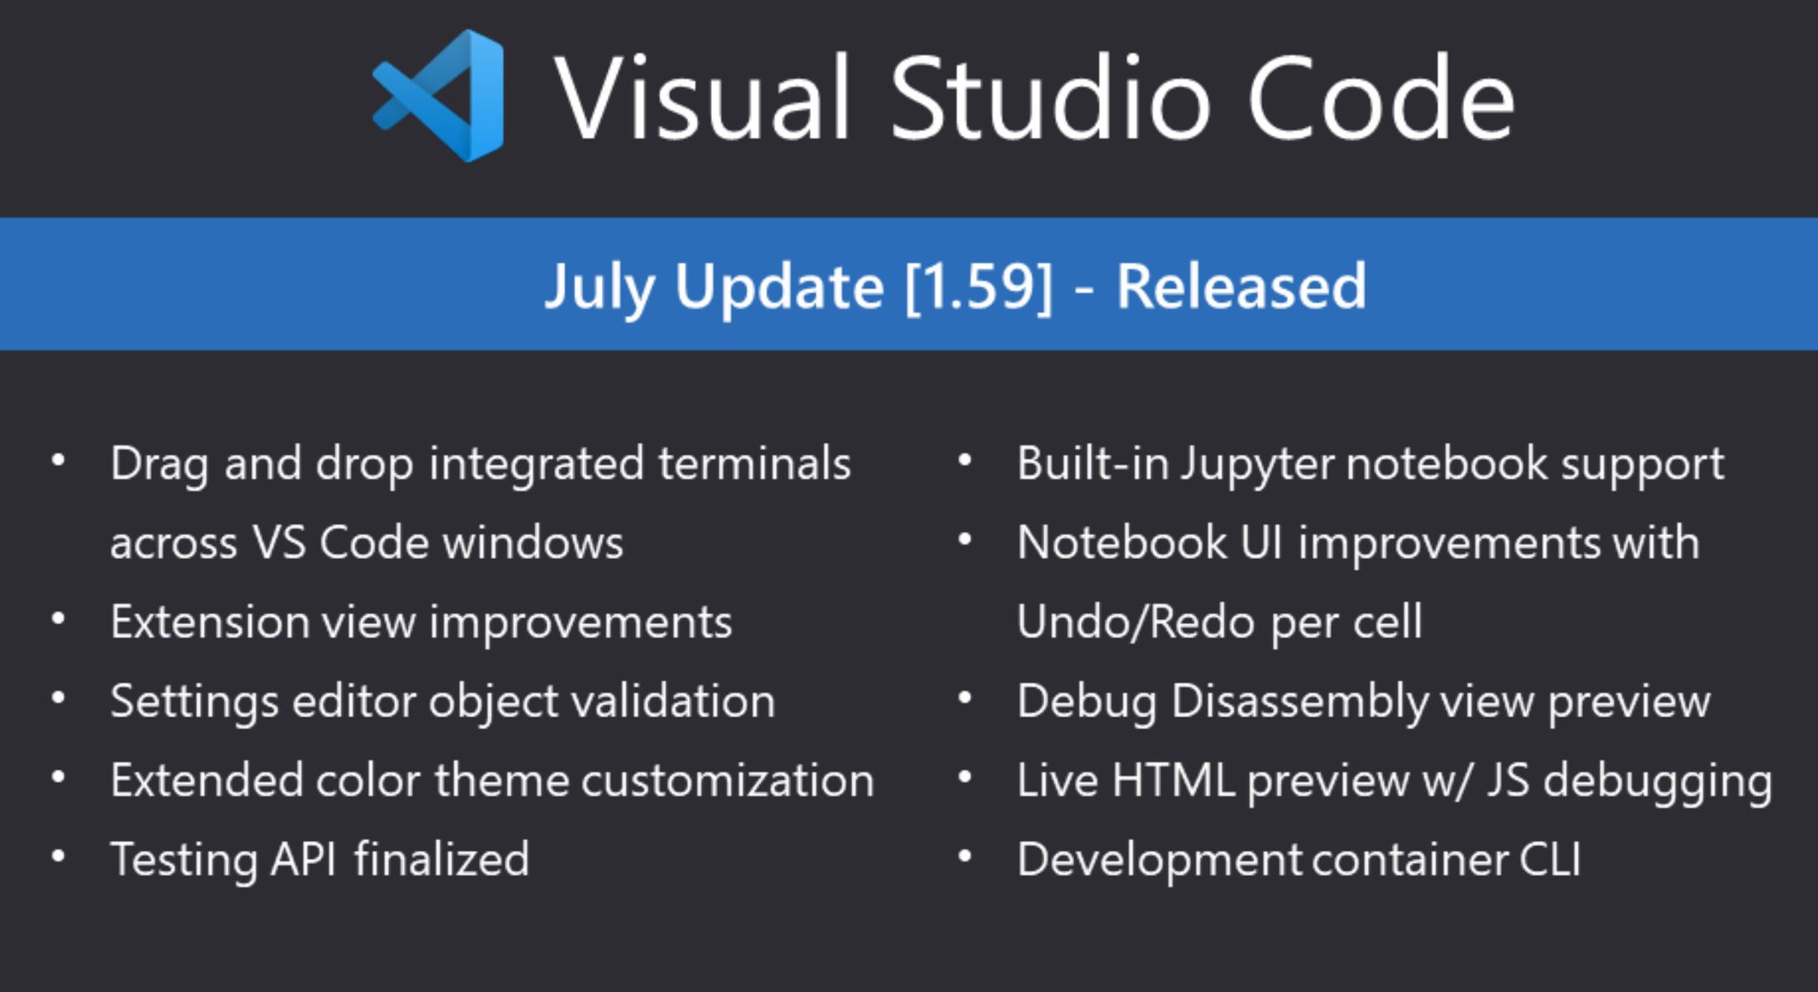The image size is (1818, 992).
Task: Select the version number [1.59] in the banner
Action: (978, 286)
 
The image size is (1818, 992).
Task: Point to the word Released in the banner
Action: (1241, 286)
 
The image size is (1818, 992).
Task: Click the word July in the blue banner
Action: (599, 288)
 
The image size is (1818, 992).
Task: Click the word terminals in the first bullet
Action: (755, 464)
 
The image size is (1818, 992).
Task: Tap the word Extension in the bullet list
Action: (209, 622)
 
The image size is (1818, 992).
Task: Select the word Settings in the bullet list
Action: (195, 702)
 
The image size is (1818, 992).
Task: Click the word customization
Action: (727, 781)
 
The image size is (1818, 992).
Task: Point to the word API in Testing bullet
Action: (303, 860)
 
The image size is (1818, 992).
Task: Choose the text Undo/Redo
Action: (1135, 622)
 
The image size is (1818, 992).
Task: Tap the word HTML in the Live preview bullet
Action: (1172, 781)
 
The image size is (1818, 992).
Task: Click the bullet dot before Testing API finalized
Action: (59, 857)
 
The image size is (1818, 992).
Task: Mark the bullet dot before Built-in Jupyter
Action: (966, 461)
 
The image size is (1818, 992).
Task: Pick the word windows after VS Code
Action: (533, 543)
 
